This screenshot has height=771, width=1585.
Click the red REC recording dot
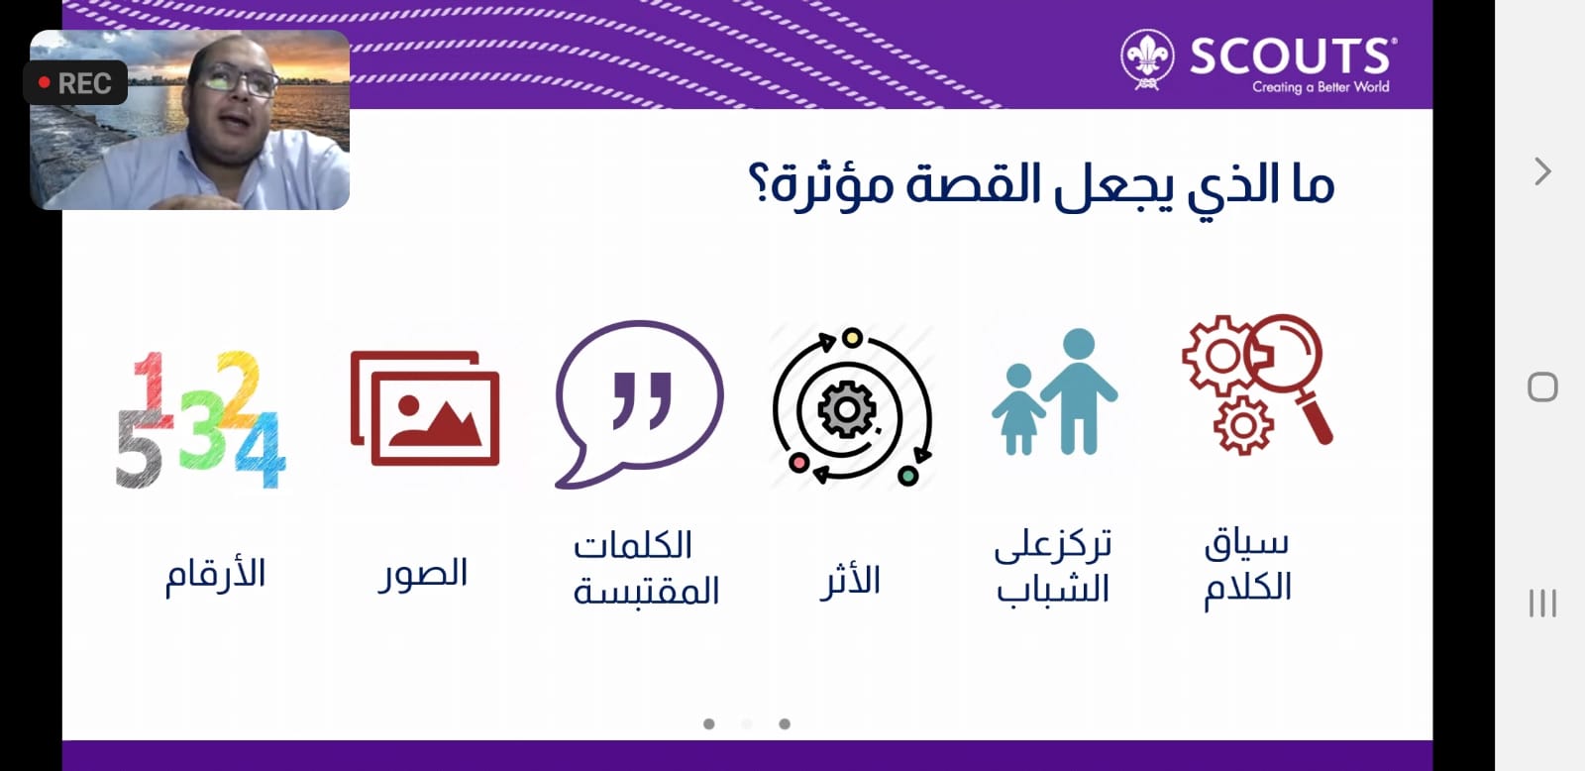[44, 83]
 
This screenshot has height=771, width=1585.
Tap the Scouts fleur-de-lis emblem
[1147, 58]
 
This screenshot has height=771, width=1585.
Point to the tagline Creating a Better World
[1321, 87]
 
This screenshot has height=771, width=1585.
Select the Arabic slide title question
[1041, 185]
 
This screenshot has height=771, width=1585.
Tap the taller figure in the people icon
[1079, 390]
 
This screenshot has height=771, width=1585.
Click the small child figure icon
[1018, 408]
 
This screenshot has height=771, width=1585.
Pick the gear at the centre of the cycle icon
[847, 409]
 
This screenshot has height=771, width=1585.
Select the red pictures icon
[425, 408]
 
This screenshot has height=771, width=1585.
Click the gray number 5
[139, 449]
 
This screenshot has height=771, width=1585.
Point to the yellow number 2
[239, 388]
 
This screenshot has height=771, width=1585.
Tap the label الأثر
[850, 582]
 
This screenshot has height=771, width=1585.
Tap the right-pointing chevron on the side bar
[1542, 171]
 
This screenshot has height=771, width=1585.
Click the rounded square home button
[1542, 387]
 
